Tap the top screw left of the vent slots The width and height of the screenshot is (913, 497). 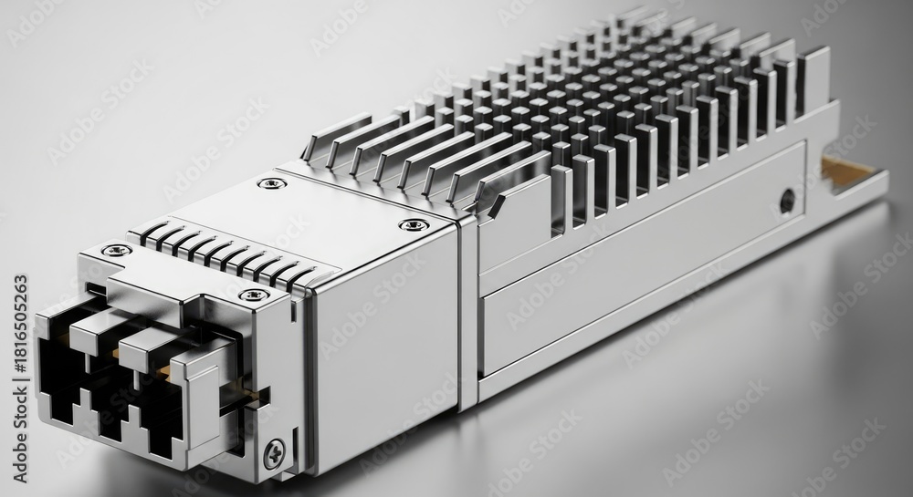coord(117,250)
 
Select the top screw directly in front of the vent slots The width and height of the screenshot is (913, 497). coord(255,295)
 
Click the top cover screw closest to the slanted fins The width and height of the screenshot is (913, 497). coord(272,183)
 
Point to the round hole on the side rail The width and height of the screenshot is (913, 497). coord(787,200)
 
